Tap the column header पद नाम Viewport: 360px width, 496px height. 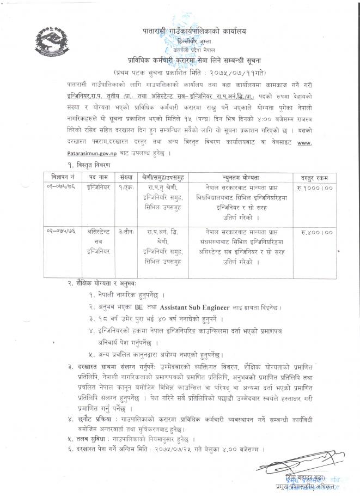[x=98, y=177]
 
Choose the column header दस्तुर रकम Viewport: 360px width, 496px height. [x=313, y=177]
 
